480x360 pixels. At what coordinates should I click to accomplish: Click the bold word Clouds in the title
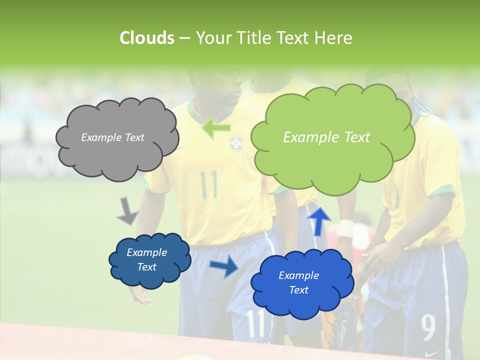tap(146, 38)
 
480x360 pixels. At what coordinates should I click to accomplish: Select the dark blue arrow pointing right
tap(224, 265)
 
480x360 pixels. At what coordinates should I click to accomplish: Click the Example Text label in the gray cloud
tap(112, 137)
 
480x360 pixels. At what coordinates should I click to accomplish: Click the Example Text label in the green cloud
tap(326, 137)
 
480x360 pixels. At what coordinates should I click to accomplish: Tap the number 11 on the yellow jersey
tap(208, 184)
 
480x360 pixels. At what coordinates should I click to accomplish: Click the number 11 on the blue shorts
tap(255, 323)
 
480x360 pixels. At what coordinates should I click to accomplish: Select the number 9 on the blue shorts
tap(428, 327)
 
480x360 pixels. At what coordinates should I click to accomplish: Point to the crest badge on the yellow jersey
tap(235, 142)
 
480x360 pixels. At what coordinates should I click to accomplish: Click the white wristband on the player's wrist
tap(345, 228)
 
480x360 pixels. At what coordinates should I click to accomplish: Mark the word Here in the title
tap(334, 38)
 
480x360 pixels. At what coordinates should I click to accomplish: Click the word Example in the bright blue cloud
tap(298, 275)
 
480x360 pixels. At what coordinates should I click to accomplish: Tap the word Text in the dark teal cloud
tap(147, 267)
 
